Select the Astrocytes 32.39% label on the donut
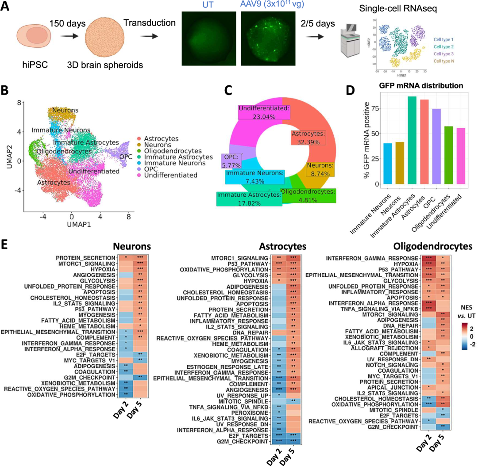[308, 138]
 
